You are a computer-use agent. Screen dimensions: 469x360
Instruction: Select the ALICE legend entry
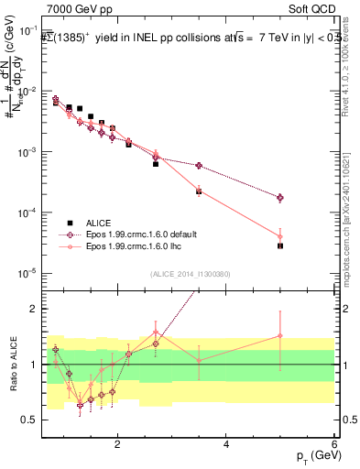100,224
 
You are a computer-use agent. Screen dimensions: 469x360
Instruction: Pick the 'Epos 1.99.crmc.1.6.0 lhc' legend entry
138,247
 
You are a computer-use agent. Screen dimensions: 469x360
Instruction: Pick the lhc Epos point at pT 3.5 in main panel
199,191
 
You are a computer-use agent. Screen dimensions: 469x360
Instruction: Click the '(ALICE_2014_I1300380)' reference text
191,274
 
